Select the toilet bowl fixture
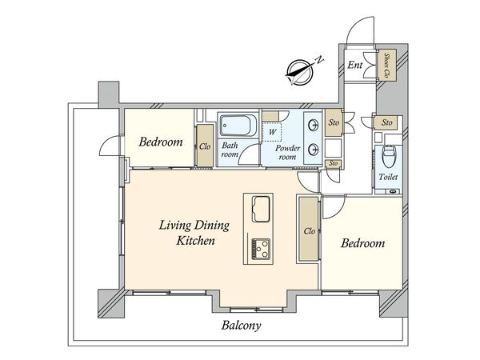pos(389,156)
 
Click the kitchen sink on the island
pos(261,209)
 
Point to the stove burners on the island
pos(261,249)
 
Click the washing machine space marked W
pos(272,132)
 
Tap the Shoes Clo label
pos(387,66)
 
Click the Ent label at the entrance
pos(354,65)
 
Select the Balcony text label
pos(242,326)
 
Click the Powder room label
pos(287,153)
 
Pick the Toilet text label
pos(388,177)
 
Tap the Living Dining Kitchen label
pos(194,233)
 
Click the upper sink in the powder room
pos(314,126)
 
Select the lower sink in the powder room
pos(314,150)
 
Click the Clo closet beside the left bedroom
pos(205,146)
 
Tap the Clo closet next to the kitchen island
pos(309,230)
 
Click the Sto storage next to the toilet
pos(386,122)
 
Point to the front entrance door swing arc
pos(360,30)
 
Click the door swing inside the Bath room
pos(249,154)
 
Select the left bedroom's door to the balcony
pos(111,146)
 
